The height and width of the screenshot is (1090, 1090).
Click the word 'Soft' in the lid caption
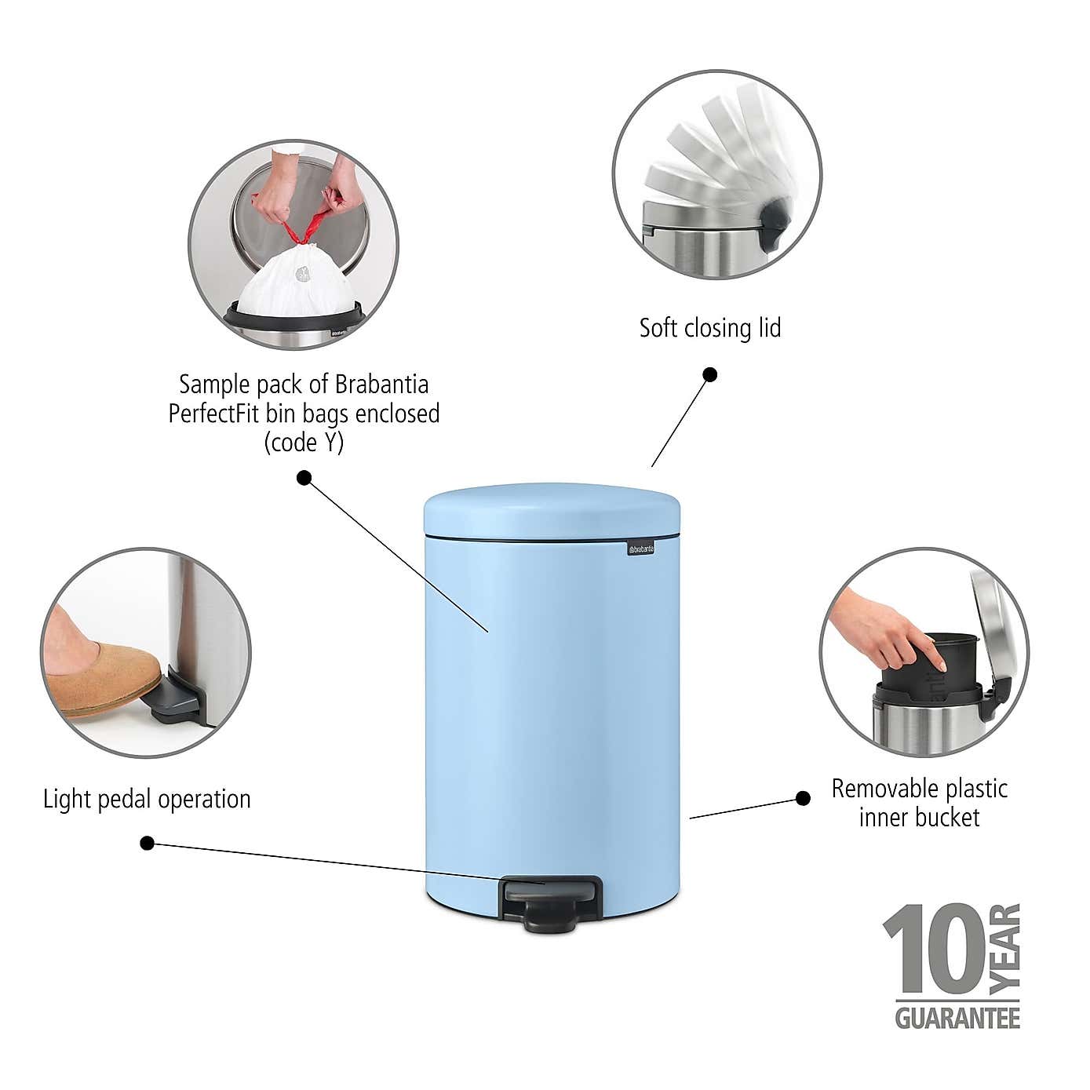(x=657, y=328)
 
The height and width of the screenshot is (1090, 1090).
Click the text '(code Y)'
(x=304, y=443)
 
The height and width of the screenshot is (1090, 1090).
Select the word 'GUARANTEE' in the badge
(x=957, y=1019)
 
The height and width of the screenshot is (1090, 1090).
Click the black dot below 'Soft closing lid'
(x=709, y=374)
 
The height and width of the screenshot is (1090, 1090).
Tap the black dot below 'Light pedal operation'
(x=147, y=843)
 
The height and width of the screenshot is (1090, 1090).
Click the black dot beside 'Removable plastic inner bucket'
(x=803, y=798)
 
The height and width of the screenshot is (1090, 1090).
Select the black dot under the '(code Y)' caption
(x=304, y=477)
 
